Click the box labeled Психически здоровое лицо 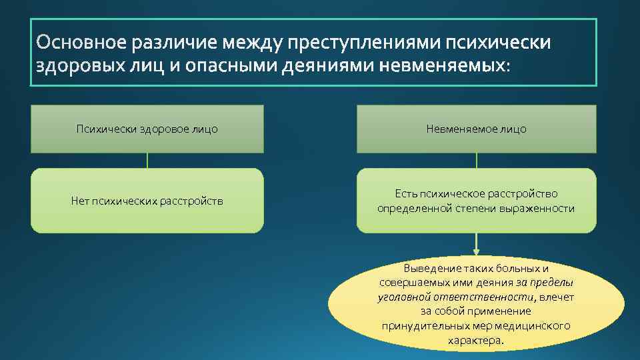pyautogui.click(x=147, y=129)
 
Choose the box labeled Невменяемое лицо pyautogui.click(x=476, y=129)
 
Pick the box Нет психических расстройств pyautogui.click(x=147, y=201)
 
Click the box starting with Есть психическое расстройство pyautogui.click(x=476, y=201)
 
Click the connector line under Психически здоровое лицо pyautogui.click(x=147, y=161)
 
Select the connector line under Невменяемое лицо pyautogui.click(x=476, y=161)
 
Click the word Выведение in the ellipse pyautogui.click(x=427, y=269)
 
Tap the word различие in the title pyautogui.click(x=175, y=43)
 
